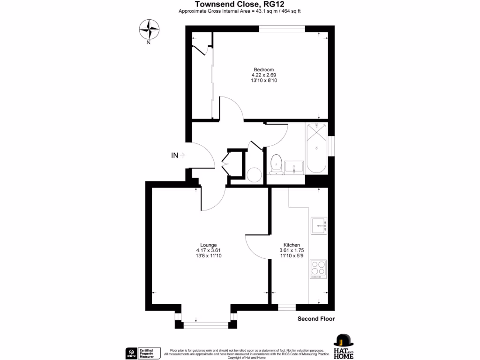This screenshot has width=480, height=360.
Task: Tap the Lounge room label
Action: pos(208,245)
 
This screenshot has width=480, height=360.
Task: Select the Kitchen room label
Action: pos(292,245)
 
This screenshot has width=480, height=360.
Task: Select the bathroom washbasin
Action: pos(294,166)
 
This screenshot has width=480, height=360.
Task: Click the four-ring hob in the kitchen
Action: pos(318,269)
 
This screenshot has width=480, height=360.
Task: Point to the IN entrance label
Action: pos(175,156)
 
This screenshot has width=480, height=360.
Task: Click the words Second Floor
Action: pos(316,319)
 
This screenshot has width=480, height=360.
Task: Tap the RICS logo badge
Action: pos(131,352)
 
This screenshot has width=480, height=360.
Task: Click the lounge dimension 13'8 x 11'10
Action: pos(208,255)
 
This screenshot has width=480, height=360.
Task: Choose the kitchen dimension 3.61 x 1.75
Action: pos(292,250)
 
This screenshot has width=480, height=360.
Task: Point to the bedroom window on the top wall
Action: pos(282,29)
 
